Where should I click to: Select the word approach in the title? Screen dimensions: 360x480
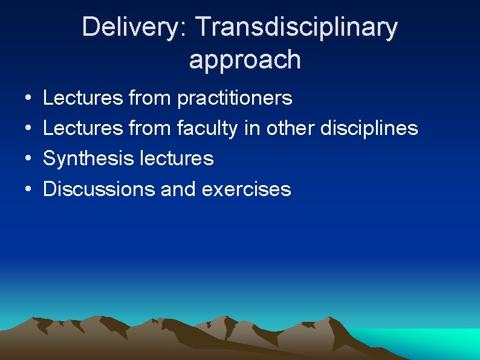point(244,59)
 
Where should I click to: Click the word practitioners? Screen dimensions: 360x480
point(235,98)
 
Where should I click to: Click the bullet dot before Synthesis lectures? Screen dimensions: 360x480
point(28,159)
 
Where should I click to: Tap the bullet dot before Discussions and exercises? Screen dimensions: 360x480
point(28,189)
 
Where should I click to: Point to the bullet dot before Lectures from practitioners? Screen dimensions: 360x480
point(28,98)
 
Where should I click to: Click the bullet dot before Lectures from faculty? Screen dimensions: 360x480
point(28,128)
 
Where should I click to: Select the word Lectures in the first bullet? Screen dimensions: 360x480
point(83,98)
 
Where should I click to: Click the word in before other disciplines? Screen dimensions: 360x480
point(254,128)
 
